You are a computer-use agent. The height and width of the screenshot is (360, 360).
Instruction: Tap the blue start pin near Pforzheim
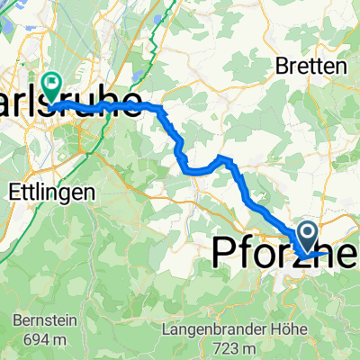(307, 238)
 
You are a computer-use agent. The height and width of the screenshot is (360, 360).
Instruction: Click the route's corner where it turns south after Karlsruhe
(163, 109)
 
